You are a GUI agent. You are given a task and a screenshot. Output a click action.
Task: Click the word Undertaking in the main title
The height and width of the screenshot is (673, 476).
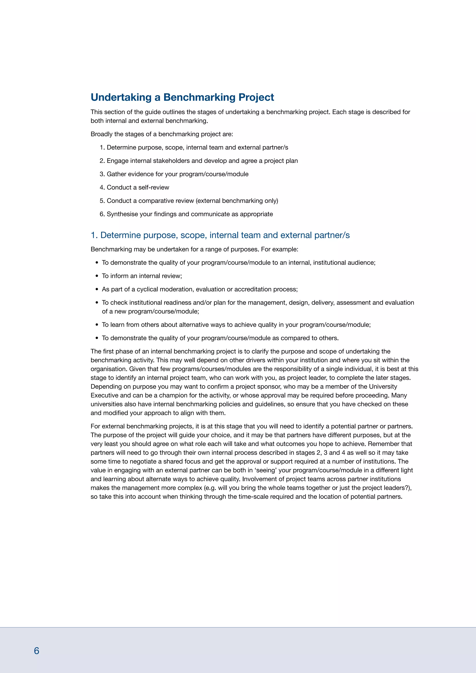click(x=121, y=97)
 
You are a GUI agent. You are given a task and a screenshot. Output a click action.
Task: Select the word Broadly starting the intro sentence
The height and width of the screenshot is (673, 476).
click(x=101, y=134)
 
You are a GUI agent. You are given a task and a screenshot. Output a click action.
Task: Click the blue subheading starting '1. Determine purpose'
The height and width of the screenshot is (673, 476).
click(x=220, y=235)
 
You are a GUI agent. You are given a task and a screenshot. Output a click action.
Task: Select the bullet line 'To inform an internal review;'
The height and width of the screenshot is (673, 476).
click(x=142, y=276)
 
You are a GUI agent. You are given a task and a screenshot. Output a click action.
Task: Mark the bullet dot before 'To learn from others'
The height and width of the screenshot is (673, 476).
click(x=97, y=325)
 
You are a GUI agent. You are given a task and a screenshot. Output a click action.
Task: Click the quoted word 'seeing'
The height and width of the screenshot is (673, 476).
click(x=266, y=470)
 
